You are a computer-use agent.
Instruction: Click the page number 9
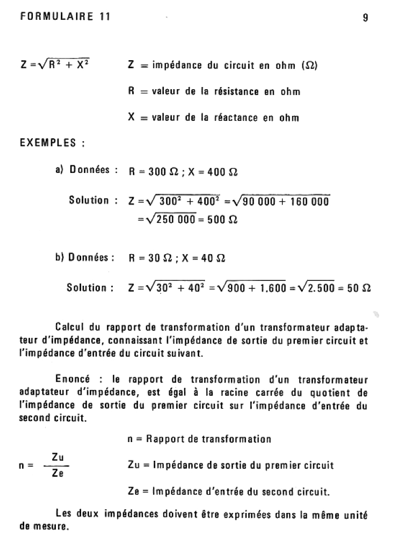tap(366, 17)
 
